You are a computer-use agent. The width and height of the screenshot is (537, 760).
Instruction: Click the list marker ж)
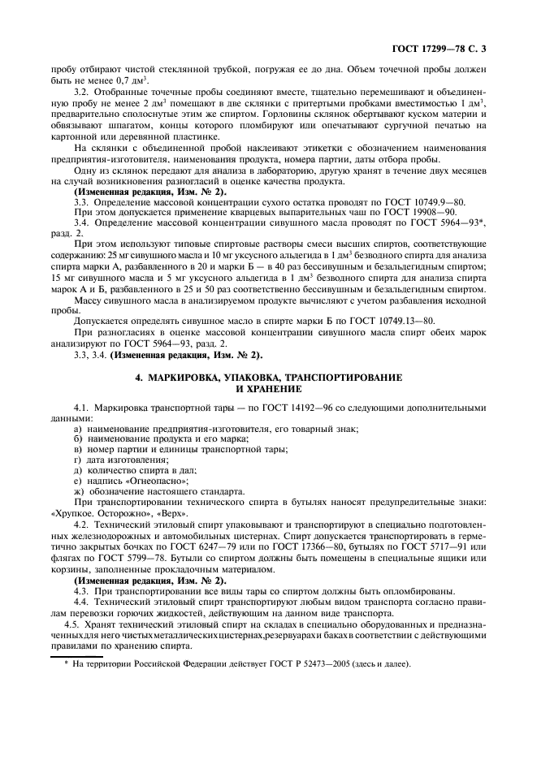click(x=78, y=491)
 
